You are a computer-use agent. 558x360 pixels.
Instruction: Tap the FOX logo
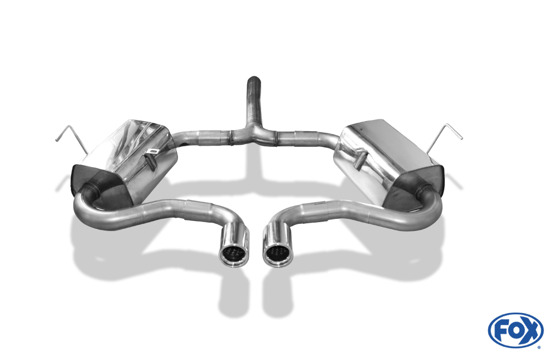[x=516, y=331]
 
